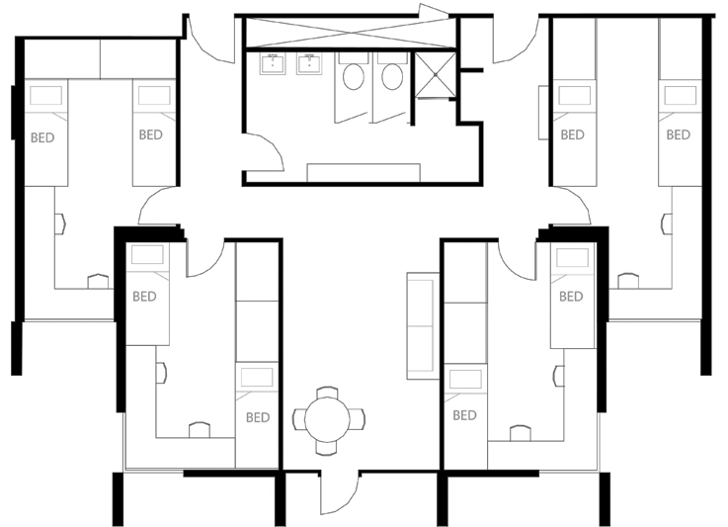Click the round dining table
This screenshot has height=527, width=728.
[x=327, y=420]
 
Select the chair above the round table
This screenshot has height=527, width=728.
[x=327, y=393]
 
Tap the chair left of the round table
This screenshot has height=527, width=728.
[x=298, y=419]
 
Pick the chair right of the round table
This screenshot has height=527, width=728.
[x=357, y=419]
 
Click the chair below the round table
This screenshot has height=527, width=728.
[x=327, y=448]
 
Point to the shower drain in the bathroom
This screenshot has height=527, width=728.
[x=436, y=74]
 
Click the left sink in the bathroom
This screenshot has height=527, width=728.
[x=272, y=64]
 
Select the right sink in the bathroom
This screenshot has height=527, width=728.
[x=309, y=64]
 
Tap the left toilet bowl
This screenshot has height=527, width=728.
[x=354, y=77]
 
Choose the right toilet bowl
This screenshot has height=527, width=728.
[x=392, y=77]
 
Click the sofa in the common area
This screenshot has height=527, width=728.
[x=423, y=325]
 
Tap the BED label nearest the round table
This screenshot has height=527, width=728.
[x=258, y=417]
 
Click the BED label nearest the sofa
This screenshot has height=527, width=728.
[x=464, y=415]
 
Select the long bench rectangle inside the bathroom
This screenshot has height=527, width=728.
[x=364, y=172]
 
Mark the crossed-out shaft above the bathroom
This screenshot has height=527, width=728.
[x=350, y=33]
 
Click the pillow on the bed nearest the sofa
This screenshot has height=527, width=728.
[x=465, y=379]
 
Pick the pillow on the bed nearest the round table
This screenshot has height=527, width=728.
[x=257, y=378]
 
